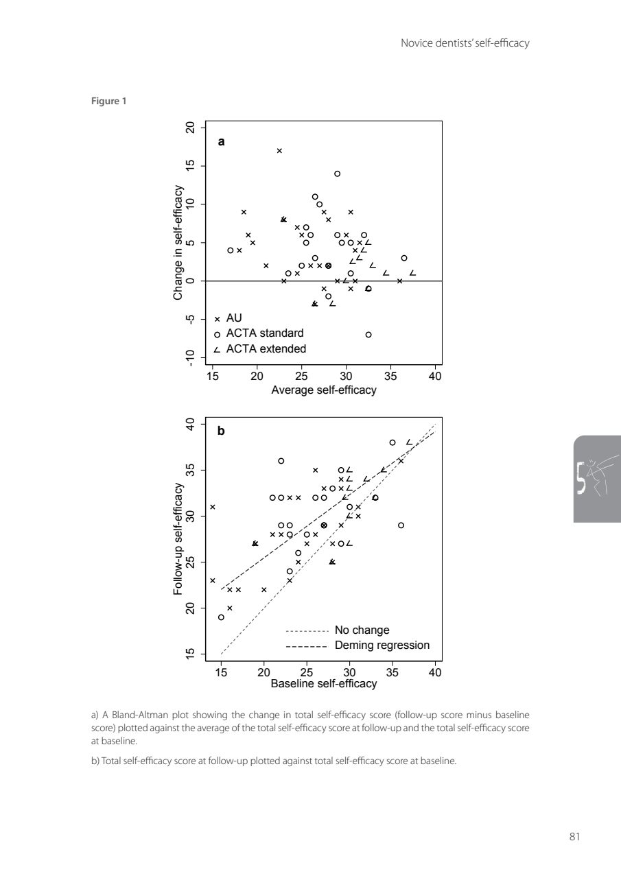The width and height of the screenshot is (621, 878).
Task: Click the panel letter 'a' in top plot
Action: pos(221,142)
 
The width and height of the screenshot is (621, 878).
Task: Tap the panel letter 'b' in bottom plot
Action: pos(221,431)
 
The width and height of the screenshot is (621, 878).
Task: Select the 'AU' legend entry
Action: pos(235,318)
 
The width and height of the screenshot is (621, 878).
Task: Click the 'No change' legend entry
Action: pos(362,630)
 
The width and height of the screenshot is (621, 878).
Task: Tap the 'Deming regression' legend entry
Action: pos(382,645)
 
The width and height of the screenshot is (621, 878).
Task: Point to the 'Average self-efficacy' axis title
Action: pos(324,390)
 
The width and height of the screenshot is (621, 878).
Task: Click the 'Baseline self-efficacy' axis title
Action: pos(324,684)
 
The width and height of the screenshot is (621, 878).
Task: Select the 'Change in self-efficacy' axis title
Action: pos(178,242)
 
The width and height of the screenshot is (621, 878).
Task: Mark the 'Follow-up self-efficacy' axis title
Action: pos(178,538)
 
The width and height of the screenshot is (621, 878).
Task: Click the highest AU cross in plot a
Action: pos(279,151)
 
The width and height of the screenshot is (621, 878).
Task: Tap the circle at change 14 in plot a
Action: pos(337,174)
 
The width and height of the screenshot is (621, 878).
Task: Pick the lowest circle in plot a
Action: pos(368,335)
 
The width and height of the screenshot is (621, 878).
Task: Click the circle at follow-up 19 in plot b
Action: pos(221,617)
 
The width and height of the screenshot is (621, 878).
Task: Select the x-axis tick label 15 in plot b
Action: pos(221,672)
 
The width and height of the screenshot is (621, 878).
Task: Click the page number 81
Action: pos(574,836)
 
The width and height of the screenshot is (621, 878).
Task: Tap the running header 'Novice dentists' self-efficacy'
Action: pos(465,44)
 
